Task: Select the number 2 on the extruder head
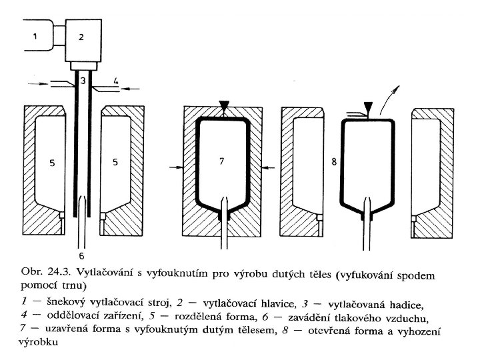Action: point(81,38)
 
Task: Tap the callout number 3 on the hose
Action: point(82,81)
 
